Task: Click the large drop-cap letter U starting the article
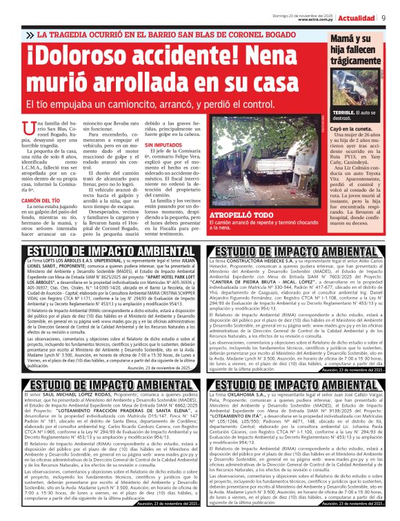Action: pos(30,125)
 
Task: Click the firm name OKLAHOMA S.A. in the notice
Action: pos(243,393)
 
